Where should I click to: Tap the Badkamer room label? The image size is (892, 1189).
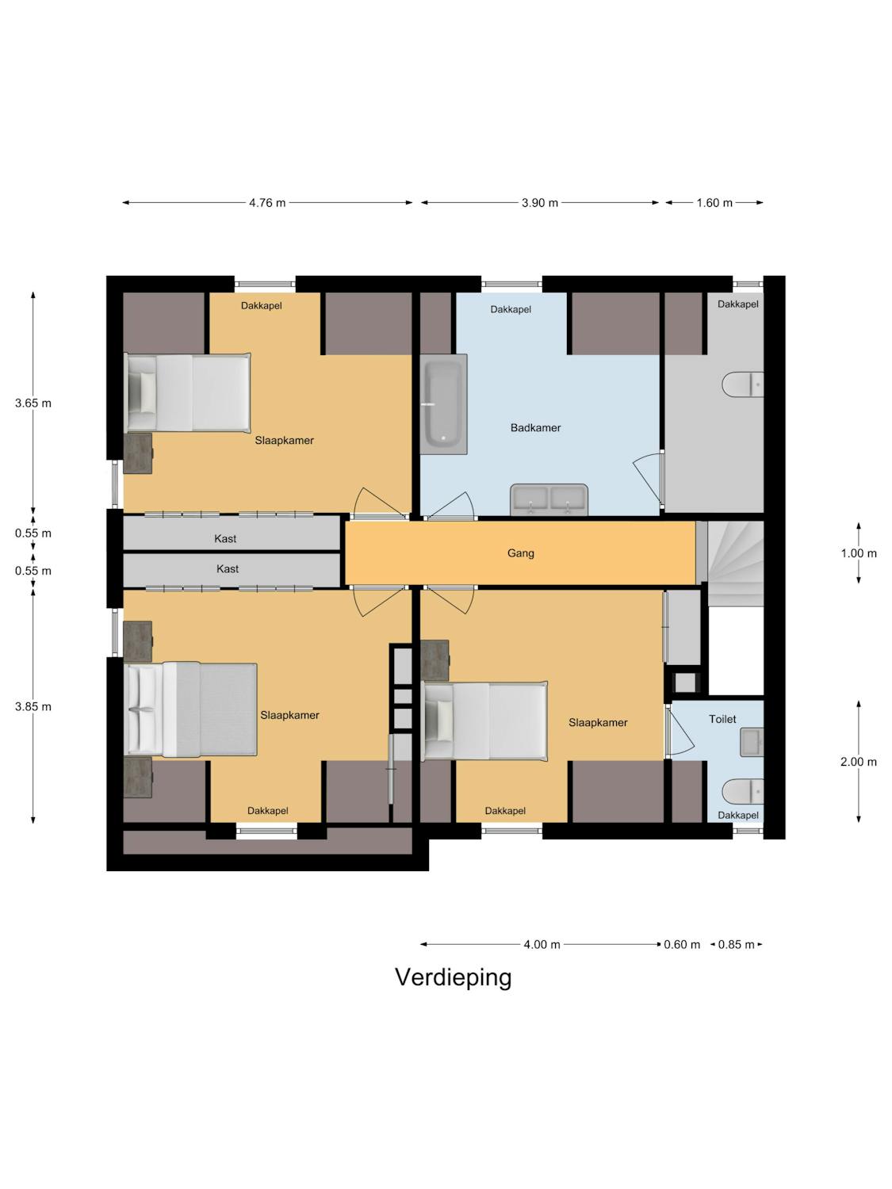(535, 427)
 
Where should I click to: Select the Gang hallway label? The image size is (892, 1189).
(520, 553)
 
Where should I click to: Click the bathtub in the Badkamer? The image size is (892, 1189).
(443, 404)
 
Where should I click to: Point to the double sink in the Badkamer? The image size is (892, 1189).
(549, 499)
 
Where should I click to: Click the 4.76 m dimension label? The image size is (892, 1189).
(267, 203)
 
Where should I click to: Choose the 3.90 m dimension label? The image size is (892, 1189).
(539, 203)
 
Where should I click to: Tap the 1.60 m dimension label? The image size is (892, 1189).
(714, 203)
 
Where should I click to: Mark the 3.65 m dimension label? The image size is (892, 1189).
(33, 403)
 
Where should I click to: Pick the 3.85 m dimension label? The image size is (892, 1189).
(33, 706)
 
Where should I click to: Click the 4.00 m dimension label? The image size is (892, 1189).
(542, 944)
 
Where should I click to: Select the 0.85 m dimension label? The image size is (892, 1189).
(736, 944)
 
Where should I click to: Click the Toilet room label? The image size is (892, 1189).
(722, 719)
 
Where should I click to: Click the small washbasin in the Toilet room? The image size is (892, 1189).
(752, 742)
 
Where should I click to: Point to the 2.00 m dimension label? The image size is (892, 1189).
(859, 762)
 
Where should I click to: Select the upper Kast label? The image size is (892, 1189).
(225, 538)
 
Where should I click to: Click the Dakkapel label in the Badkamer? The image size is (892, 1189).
(511, 309)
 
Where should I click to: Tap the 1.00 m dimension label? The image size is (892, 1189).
(859, 553)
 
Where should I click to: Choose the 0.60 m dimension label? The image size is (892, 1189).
(682, 944)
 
